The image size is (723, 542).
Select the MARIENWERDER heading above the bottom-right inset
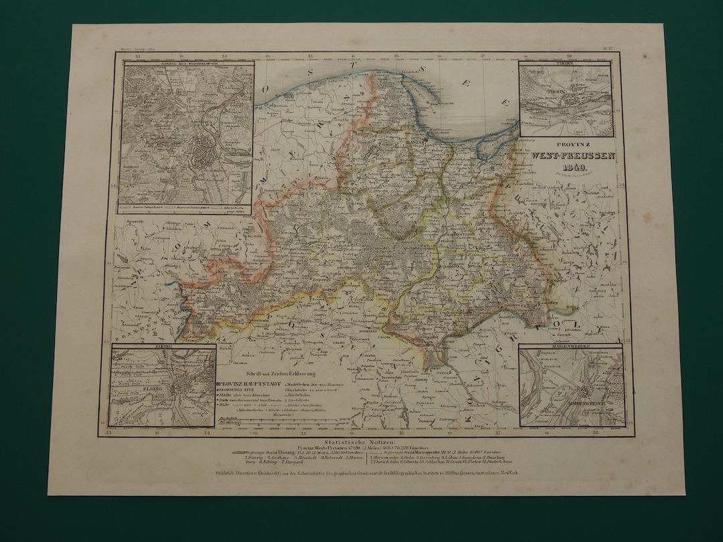(572, 347)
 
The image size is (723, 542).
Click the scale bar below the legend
(274, 422)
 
